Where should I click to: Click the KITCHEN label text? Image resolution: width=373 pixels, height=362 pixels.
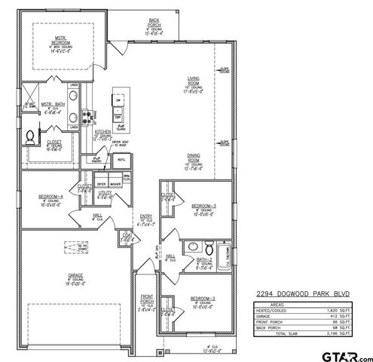pos(103,131)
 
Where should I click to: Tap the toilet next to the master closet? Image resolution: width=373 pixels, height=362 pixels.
pos(29,137)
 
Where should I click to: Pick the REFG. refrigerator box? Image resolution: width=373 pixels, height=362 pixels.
pos(121,161)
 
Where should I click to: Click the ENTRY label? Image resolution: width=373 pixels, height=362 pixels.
pos(146,216)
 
